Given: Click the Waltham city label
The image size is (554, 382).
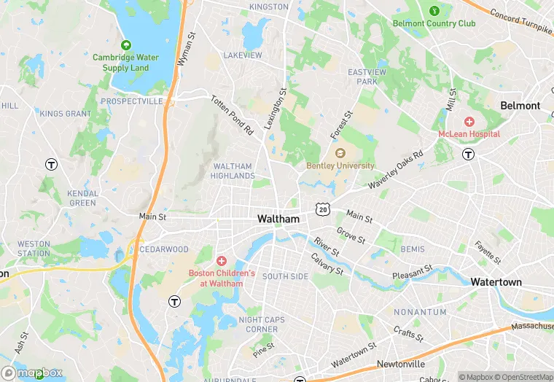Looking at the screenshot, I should click(x=278, y=219).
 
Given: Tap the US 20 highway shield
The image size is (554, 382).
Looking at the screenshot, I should click(x=321, y=209).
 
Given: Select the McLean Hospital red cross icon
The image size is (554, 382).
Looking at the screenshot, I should click(x=469, y=121).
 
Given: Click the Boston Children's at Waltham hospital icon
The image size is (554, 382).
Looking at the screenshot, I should click(x=222, y=261).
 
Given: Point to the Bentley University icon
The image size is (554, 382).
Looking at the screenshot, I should click(x=340, y=153).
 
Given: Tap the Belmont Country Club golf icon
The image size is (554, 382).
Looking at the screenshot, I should click(x=434, y=11).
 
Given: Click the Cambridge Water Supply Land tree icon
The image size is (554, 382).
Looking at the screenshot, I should click(x=120, y=43).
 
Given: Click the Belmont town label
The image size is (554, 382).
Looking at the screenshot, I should click(x=520, y=106).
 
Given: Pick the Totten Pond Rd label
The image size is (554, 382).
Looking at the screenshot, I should click(x=232, y=115).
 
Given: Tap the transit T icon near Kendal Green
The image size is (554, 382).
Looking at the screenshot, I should click(x=51, y=164).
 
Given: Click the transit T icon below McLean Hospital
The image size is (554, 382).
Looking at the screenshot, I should click(x=469, y=154).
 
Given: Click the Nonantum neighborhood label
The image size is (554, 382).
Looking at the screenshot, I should click(x=419, y=312).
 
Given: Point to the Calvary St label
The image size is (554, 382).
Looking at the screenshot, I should click(x=327, y=265).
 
